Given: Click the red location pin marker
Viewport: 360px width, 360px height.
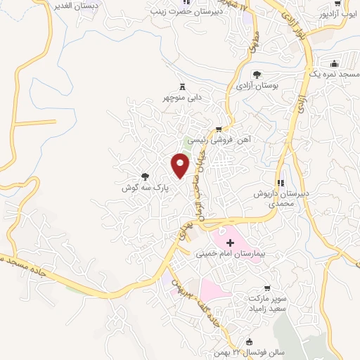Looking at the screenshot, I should click(x=181, y=165).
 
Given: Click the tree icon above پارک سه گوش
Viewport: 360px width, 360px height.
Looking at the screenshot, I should click(x=146, y=177).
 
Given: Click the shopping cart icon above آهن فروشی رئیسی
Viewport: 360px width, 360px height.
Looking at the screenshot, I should click(x=219, y=129).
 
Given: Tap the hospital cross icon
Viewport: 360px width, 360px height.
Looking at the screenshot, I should click(x=230, y=241).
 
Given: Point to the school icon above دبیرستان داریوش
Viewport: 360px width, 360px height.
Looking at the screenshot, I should click(x=281, y=183).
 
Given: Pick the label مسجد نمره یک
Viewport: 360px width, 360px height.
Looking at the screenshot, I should click(x=333, y=73).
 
